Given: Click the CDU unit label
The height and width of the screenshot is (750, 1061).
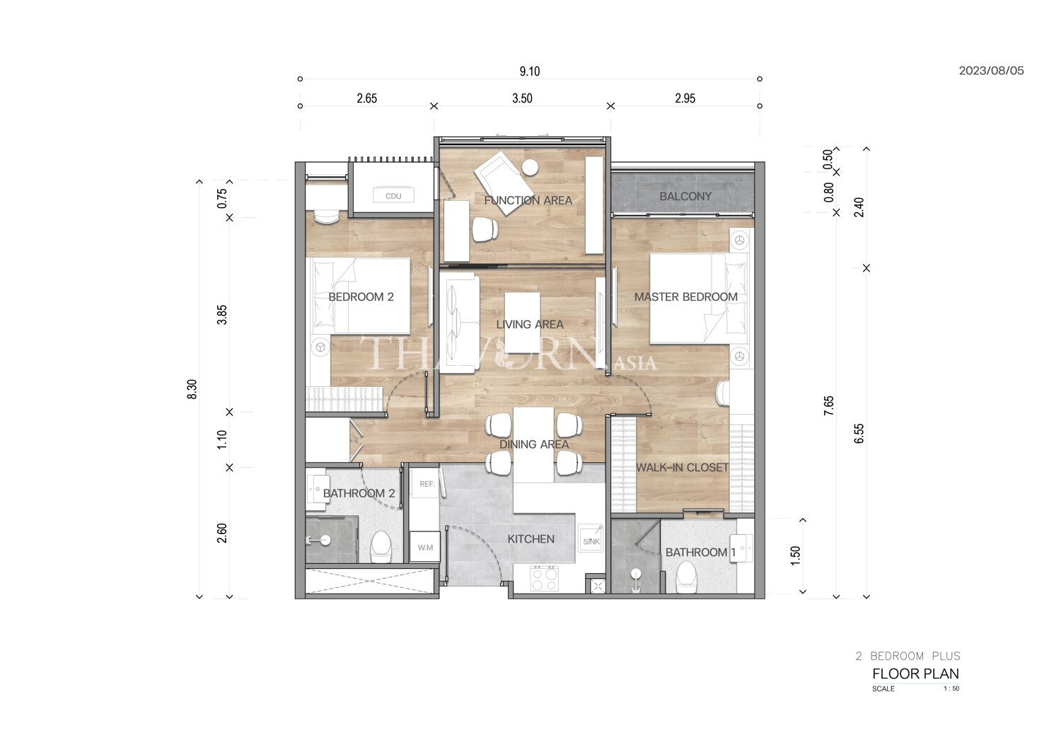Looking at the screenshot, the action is (x=393, y=196).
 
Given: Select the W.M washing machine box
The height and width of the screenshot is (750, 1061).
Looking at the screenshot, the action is (x=425, y=547).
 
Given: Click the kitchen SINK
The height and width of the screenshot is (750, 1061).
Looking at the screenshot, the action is (x=591, y=538).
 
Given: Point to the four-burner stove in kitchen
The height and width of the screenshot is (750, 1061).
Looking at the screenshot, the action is (x=544, y=579).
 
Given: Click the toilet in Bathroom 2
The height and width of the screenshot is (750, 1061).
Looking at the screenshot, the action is (x=381, y=547).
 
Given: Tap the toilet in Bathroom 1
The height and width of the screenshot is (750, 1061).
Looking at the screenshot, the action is (x=686, y=577).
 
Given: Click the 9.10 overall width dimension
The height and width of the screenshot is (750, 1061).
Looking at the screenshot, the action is (x=530, y=71).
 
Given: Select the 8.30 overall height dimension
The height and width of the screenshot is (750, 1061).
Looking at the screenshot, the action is (x=192, y=389).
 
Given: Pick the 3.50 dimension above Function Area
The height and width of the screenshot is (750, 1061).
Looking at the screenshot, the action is (x=522, y=98).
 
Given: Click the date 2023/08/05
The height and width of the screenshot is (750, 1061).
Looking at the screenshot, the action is (x=992, y=71).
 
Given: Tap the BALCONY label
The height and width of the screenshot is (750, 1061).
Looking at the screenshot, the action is (x=685, y=196).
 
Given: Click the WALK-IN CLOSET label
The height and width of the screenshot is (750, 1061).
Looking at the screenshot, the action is (x=682, y=468).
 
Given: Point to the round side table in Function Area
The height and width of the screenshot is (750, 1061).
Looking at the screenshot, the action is (x=530, y=168).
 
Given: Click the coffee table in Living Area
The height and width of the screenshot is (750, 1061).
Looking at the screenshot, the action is (x=522, y=323).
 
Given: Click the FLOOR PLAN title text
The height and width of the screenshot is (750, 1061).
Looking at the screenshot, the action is (x=915, y=674).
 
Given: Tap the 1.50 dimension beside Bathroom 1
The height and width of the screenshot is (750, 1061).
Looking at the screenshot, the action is (x=795, y=555).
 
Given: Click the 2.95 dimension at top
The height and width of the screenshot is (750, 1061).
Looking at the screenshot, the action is (x=685, y=98).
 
